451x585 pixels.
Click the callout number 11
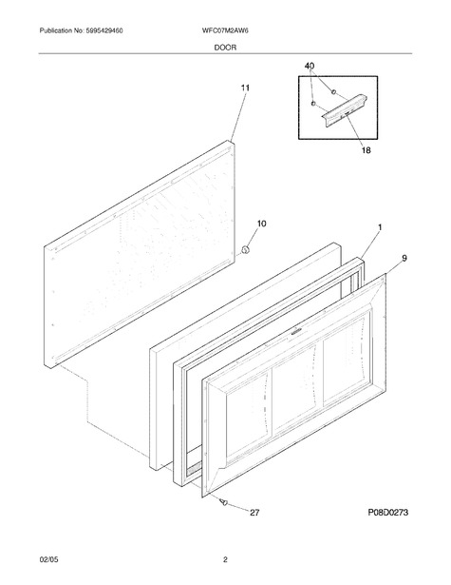coord(245,88)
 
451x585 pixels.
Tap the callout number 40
coord(310,66)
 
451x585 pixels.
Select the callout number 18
coord(366,150)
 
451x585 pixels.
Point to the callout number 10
coord(261,224)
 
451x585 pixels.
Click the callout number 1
coord(380,227)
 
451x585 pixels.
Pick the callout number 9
coord(404,258)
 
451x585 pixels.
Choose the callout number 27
coord(254,513)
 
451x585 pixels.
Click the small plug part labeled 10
coord(245,250)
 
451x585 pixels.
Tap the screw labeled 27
coord(224,502)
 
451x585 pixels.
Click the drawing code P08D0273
coord(388,513)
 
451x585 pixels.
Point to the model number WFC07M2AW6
coord(225,31)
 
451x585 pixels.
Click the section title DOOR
coord(225,48)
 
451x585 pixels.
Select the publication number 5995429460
coord(104,31)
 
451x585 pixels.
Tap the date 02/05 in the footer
coord(48,559)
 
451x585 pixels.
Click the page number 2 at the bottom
coord(225,559)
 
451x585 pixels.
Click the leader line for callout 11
coord(237,117)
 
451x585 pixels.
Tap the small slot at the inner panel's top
coord(295,332)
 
